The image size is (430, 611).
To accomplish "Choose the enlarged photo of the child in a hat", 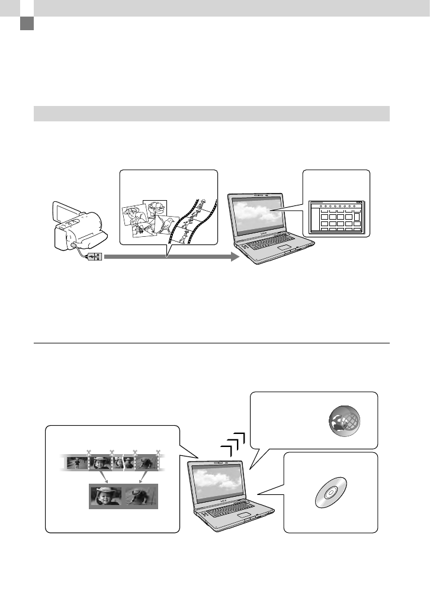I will tap(105, 496).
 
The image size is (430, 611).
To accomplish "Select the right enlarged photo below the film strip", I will tap(140, 496).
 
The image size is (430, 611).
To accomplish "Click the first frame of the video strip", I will tap(77, 462).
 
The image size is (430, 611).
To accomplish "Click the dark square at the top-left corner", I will tap(25, 24).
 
